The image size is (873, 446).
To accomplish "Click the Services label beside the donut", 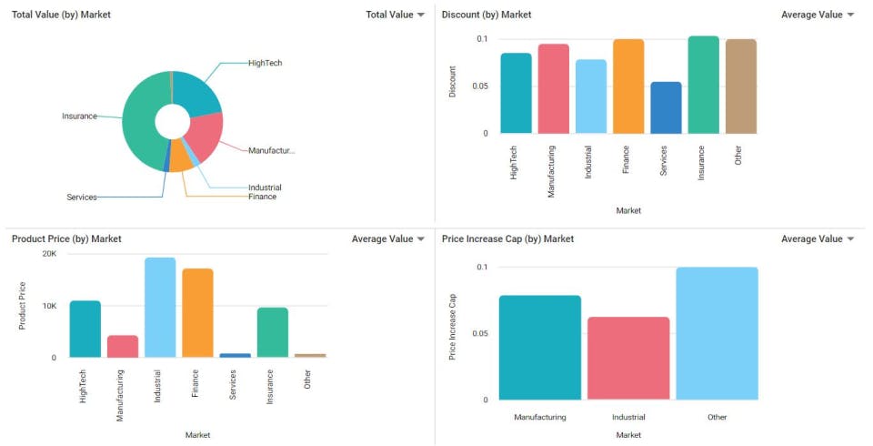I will tap(82, 198).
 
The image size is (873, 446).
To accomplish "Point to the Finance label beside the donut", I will tap(262, 197).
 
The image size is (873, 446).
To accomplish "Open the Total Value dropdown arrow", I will tap(421, 15).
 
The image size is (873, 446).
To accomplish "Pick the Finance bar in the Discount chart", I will tap(628, 86).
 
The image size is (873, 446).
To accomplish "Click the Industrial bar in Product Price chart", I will tap(160, 308).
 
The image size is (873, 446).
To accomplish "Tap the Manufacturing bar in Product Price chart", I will tap(123, 347).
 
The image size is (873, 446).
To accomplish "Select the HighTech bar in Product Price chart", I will tap(85, 329).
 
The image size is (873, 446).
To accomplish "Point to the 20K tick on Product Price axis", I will tap(49, 254).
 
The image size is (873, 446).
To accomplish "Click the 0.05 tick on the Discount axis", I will tap(481, 86).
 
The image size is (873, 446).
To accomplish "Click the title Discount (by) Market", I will tap(487, 15).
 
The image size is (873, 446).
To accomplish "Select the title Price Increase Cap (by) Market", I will tap(507, 238).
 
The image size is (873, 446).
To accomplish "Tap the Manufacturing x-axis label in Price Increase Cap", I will tap(540, 417).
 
